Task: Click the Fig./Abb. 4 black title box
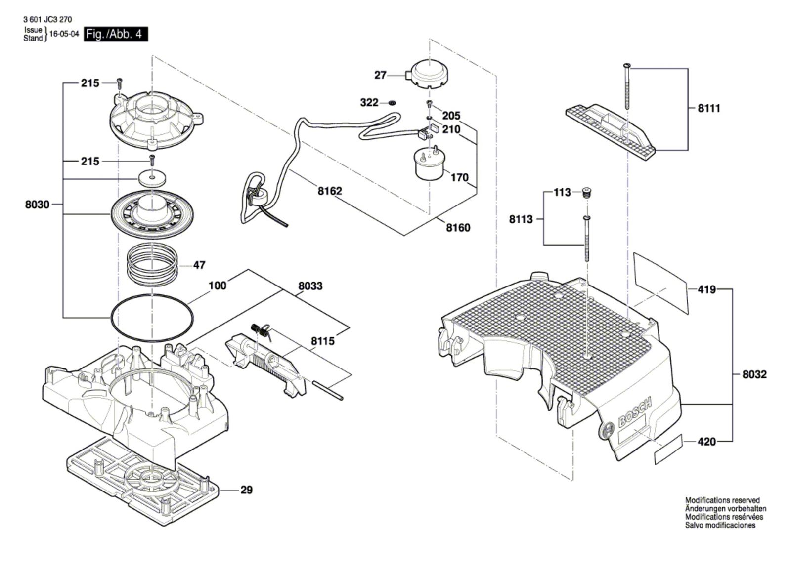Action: pyautogui.click(x=116, y=34)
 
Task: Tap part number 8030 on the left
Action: pyautogui.click(x=37, y=205)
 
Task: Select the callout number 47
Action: pyautogui.click(x=199, y=265)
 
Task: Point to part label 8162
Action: pyautogui.click(x=330, y=191)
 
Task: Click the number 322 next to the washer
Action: pyautogui.click(x=369, y=103)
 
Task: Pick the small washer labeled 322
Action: pyautogui.click(x=392, y=103)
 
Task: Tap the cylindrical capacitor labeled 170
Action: pyautogui.click(x=430, y=165)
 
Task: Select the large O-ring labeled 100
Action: pyautogui.click(x=152, y=318)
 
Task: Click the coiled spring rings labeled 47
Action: pyautogui.click(x=152, y=264)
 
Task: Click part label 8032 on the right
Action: pyautogui.click(x=754, y=374)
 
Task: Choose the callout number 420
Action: pyautogui.click(x=706, y=442)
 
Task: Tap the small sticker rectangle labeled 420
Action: pyautogui.click(x=668, y=450)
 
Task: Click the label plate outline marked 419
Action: pyautogui.click(x=660, y=284)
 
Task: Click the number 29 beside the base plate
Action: pyautogui.click(x=247, y=490)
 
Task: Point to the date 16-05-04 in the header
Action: pyautogui.click(x=64, y=34)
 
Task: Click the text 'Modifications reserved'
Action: pyautogui.click(x=722, y=500)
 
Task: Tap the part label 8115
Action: pyautogui.click(x=323, y=341)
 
